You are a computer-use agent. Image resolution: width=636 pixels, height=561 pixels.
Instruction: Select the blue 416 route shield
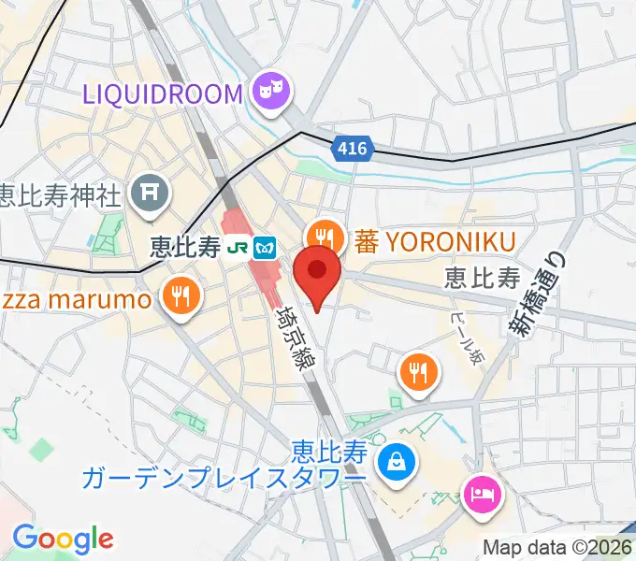tap(353, 148)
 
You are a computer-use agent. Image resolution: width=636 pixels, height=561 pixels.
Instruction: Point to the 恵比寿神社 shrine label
tap(60, 196)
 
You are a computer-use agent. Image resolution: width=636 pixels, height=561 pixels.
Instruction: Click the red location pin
tap(317, 275)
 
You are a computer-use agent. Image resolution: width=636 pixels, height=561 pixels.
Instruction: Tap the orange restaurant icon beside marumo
tap(178, 296)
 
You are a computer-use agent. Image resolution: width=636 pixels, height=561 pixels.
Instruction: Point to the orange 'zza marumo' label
tap(75, 301)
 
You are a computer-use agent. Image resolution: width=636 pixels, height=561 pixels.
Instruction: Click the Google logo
tap(63, 539)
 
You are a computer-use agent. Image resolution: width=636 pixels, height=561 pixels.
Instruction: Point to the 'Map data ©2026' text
tap(556, 548)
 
